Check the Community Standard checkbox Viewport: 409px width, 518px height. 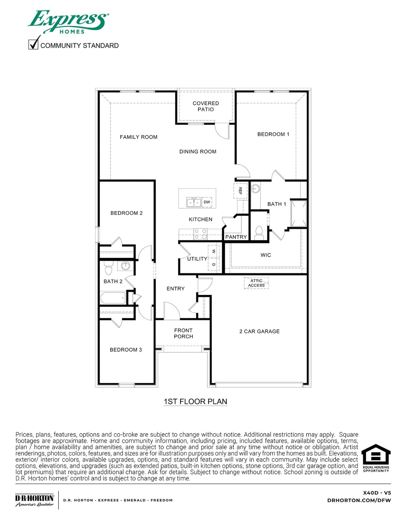pos(33,44)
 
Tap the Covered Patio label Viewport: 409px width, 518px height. pos(206,106)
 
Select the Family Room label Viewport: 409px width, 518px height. pos(138,137)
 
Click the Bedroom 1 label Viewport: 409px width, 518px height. pos(273,134)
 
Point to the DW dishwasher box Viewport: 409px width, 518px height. pos(207,202)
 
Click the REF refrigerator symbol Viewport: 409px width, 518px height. pos(240,191)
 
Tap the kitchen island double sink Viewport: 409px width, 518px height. pos(194,202)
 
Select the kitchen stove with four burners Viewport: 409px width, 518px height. pos(200,234)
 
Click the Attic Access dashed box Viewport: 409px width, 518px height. pos(256,283)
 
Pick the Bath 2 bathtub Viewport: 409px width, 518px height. pos(113,298)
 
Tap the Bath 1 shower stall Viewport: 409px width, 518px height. pos(299,213)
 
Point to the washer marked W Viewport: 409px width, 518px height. pos(214,251)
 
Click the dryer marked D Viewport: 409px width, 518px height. pos(214,265)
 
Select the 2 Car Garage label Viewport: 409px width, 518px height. pos(259,332)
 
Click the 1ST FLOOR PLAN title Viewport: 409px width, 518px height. pos(195,402)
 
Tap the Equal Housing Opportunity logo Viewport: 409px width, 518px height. pos(376,458)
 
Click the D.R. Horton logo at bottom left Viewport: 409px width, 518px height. pos(34,500)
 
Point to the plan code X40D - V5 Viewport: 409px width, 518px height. pos(377,493)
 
